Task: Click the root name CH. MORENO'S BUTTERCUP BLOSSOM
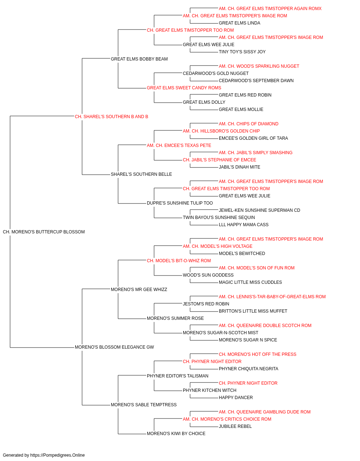tap(44, 232)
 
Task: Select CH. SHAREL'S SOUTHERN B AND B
tap(111, 117)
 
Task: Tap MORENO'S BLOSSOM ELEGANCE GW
tap(114, 347)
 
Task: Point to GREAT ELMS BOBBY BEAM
tap(139, 59)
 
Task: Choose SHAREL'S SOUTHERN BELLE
tap(141, 174)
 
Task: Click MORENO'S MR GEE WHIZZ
tap(139, 290)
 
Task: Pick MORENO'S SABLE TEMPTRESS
tap(144, 405)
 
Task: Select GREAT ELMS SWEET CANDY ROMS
tap(184, 88)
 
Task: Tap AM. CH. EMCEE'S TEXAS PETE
tap(179, 146)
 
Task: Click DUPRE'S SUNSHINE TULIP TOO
tap(180, 203)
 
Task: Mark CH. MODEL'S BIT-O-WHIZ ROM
tap(179, 261)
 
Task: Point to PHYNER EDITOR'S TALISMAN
tap(177, 376)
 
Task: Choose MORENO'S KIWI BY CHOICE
tap(176, 434)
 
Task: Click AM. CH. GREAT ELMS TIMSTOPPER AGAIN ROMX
tap(270, 9)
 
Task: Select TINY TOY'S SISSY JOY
tap(242, 52)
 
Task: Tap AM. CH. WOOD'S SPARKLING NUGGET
tap(259, 66)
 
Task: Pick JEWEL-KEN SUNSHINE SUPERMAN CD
tap(260, 210)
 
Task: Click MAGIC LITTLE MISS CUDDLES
tap(251, 282)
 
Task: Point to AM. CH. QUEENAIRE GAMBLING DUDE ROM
tap(265, 412)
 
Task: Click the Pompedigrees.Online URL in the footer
tap(57, 455)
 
